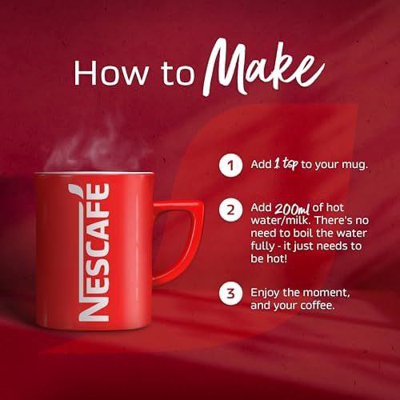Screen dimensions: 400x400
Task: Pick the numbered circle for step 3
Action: tap(230, 293)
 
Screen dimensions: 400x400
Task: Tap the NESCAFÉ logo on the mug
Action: tap(96, 252)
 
